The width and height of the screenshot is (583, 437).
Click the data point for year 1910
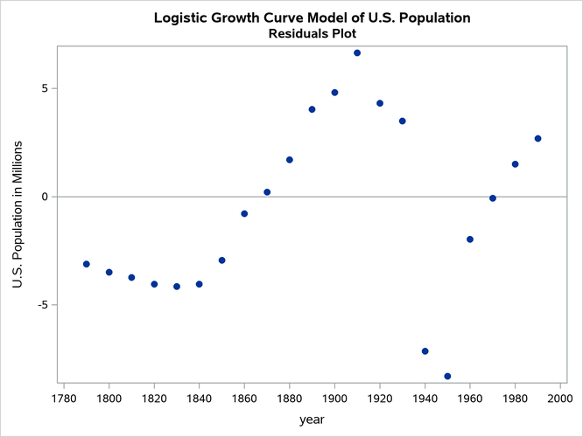click(357, 53)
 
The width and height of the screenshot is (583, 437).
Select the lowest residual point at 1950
click(447, 376)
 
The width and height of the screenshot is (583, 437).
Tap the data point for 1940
click(425, 351)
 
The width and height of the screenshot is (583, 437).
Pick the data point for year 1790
click(86, 264)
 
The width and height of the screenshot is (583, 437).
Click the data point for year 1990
click(537, 138)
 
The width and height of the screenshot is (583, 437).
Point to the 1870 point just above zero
click(267, 192)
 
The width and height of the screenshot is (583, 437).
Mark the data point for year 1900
click(334, 93)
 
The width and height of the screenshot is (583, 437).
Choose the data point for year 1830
click(177, 286)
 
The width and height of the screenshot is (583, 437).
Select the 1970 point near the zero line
click(493, 198)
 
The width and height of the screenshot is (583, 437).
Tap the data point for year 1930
click(402, 121)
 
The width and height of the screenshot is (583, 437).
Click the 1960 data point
click(470, 239)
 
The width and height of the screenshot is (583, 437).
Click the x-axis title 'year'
click(312, 420)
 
